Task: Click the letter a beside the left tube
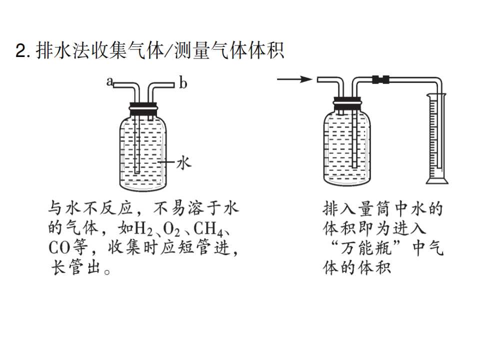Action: pyautogui.click(x=109, y=81)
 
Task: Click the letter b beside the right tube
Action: pyautogui.click(x=183, y=83)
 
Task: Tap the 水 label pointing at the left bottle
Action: pyautogui.click(x=183, y=163)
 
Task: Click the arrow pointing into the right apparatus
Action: pyautogui.click(x=294, y=79)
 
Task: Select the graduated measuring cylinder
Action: pyautogui.click(x=437, y=138)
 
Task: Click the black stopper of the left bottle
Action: pyautogui.click(x=143, y=109)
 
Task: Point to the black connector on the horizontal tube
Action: pyautogui.click(x=381, y=79)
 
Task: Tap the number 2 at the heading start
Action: pyautogui.click(x=21, y=51)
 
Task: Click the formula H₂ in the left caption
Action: pyautogui.click(x=143, y=228)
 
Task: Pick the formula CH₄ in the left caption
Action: pyautogui.click(x=208, y=228)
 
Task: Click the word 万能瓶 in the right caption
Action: pyautogui.click(x=366, y=247)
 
